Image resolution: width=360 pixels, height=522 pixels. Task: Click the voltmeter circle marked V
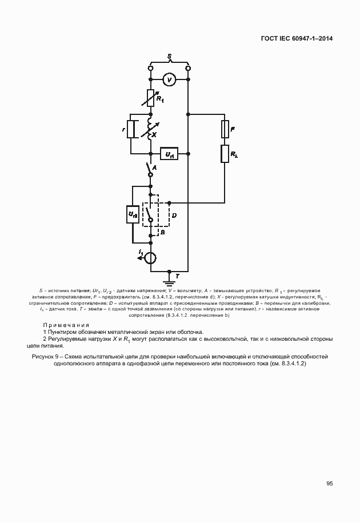point(169,79)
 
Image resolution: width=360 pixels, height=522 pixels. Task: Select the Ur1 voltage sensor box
point(170,154)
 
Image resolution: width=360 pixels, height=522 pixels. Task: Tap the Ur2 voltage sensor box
point(132,214)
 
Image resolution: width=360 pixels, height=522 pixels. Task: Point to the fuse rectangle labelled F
point(225,130)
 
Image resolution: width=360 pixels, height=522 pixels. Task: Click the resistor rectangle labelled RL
point(225,153)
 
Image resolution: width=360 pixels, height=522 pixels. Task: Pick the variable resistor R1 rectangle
point(151,97)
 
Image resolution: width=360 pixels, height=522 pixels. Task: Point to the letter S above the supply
point(169,56)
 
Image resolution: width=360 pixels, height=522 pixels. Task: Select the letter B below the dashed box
point(162,233)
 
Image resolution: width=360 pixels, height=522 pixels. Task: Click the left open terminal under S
point(150,69)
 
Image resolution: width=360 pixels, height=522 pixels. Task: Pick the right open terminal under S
point(189,69)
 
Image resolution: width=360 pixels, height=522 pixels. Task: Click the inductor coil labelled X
point(150,129)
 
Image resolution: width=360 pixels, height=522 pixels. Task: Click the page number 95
point(330,483)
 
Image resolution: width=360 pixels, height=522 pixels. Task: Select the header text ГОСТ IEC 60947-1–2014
point(297,38)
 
